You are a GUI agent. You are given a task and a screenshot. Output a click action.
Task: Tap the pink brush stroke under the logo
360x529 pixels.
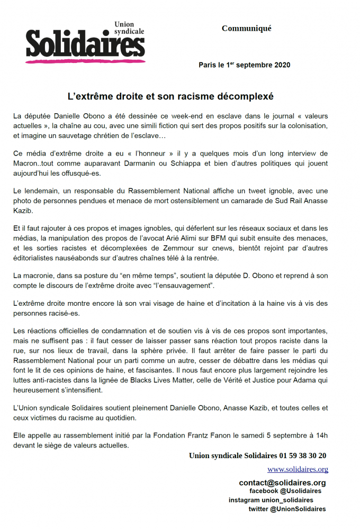[x=85, y=61]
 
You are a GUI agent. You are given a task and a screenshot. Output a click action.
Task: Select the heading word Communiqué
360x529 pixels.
[x=246, y=28]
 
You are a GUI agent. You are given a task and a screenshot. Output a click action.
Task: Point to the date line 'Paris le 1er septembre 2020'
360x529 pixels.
[x=244, y=65]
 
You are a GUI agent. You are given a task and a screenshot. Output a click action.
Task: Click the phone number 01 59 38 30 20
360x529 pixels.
[x=297, y=455]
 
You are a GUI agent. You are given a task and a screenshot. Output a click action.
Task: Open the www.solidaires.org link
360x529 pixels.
[x=298, y=469]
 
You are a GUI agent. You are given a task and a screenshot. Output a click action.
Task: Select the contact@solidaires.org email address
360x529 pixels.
[x=282, y=482]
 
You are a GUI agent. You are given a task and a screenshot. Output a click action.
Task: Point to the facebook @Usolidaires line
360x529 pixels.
[x=285, y=491]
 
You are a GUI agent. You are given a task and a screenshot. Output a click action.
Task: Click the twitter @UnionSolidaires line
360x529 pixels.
[x=287, y=509]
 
